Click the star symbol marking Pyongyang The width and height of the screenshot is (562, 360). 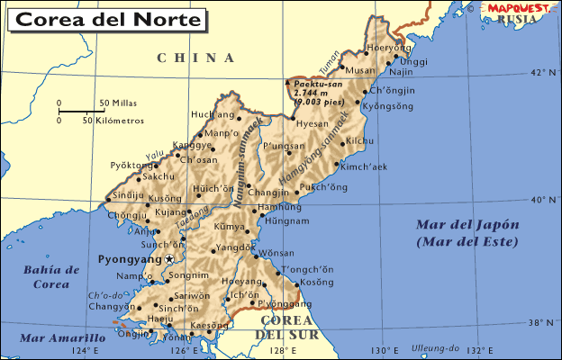coord(168,259)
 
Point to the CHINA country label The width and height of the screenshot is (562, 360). coord(195,58)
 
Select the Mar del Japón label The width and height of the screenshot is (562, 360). coord(467,225)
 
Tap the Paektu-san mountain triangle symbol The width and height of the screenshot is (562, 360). coord(287,82)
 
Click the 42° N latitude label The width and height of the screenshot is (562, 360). coord(545,72)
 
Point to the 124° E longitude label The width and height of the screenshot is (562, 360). coord(85,351)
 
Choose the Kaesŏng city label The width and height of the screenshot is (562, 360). coord(210,325)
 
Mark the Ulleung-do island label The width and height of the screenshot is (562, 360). coord(434,347)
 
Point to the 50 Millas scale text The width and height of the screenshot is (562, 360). coord(117,103)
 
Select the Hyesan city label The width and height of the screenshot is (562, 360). coord(312,124)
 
